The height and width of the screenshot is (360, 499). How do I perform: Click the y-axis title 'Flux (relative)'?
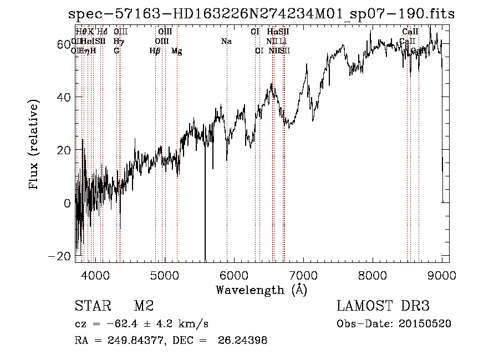pos(34,145)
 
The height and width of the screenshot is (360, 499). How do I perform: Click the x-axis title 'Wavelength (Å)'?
pos(261,290)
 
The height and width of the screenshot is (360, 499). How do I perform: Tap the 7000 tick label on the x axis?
pos(303,275)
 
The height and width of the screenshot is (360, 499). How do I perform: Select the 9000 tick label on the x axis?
pos(442,275)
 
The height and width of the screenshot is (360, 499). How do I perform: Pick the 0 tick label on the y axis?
pos(67,203)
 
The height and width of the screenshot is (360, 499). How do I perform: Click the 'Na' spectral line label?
pos(226,42)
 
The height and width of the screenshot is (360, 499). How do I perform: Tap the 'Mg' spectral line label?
pos(176,51)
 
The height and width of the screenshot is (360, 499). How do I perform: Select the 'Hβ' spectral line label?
pos(155,51)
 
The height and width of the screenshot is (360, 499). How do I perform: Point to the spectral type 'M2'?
pos(144,306)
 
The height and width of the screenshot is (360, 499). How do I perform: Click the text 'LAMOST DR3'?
pos(383,306)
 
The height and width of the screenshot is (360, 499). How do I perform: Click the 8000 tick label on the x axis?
pos(373,275)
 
